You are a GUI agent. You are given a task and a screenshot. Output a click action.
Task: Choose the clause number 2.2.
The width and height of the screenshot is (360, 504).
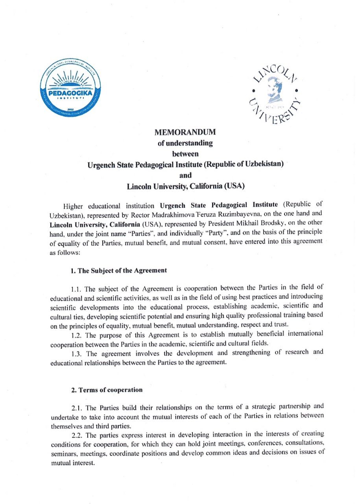[78, 435]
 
